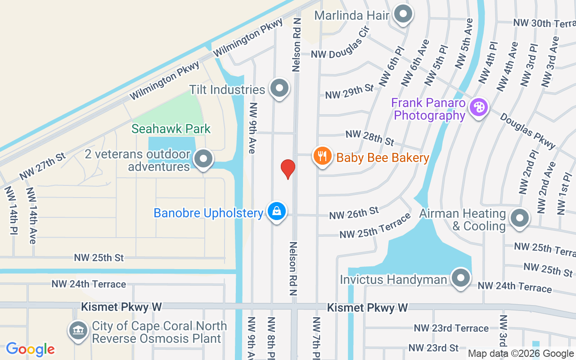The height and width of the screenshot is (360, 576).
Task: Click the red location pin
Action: pos(288,169)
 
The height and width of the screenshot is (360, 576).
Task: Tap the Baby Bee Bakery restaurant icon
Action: pos(322,156)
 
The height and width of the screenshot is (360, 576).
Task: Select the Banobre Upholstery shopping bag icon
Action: pos(277,211)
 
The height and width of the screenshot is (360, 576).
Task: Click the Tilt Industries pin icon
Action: pos(279,88)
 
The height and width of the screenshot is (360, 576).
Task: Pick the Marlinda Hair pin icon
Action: pos(403,14)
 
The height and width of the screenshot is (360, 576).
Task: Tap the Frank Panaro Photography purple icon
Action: pos(478,108)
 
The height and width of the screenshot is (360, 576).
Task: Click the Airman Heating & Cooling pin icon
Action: pos(520,219)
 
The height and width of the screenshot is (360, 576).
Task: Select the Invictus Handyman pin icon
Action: pos(460,279)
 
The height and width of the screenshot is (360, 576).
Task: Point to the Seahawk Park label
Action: pos(171,129)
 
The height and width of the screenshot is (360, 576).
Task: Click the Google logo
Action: pos(30,349)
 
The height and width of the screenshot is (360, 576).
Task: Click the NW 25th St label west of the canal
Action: pos(99,258)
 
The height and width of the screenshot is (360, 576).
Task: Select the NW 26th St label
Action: pos(354,213)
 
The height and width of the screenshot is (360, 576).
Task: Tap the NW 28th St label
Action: pos(369,138)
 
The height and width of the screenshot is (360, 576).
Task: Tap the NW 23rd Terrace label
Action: pos(451,328)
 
